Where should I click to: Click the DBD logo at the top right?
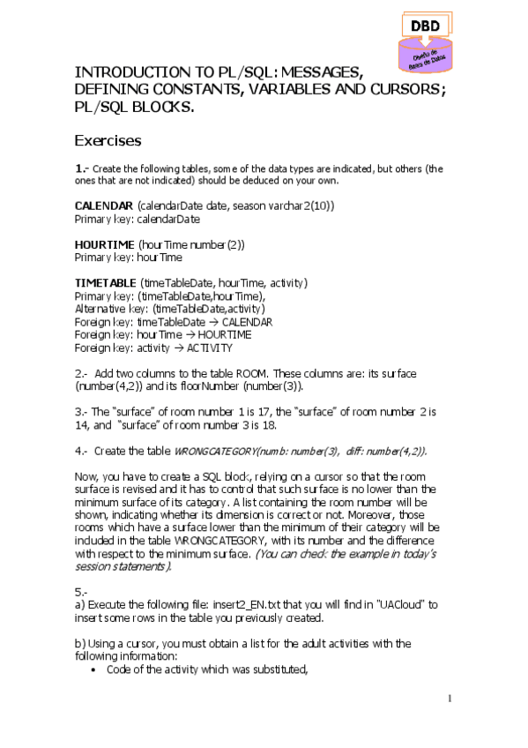[426, 41]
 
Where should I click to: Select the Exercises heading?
[108, 140]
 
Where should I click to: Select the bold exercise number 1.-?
[81, 168]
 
